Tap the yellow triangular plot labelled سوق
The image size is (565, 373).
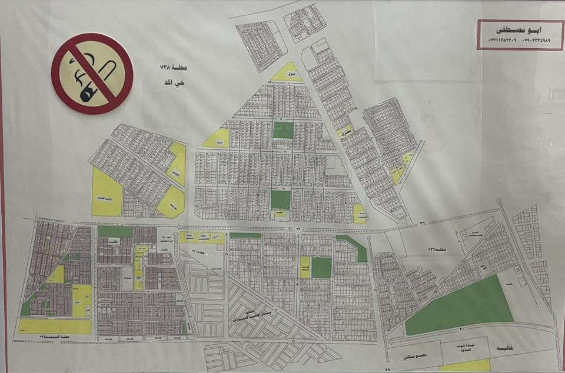click(x=287, y=74)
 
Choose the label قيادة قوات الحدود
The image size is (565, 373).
click(x=467, y=349)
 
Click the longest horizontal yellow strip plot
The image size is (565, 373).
click(x=55, y=326)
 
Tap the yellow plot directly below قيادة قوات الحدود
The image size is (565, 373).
click(x=465, y=366)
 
